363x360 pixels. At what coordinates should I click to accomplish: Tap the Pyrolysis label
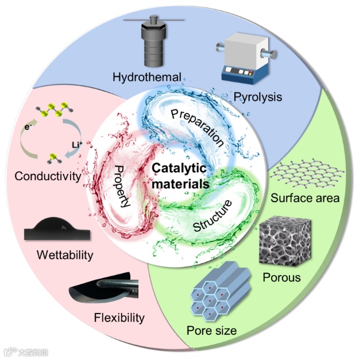tap(258, 96)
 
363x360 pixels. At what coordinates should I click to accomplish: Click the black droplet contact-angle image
tap(57, 229)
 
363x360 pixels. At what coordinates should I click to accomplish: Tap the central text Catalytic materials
tap(181, 176)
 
